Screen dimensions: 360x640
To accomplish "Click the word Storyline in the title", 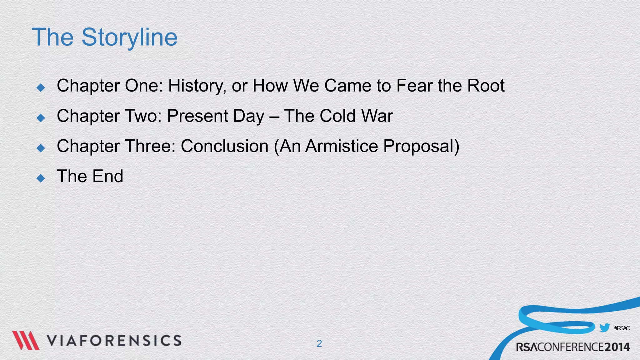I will click(129, 37).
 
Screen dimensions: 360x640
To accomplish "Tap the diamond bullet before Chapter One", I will click(41, 87).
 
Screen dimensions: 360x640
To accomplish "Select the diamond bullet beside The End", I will click(41, 178).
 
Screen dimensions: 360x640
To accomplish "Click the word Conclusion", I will click(224, 146).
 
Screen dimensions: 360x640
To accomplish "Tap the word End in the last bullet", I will click(108, 176).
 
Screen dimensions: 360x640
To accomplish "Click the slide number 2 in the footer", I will click(319, 343).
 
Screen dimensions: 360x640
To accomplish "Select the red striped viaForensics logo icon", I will click(26, 340).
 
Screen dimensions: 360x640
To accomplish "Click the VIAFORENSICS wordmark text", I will click(114, 341).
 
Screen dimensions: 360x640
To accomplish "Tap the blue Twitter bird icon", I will click(604, 328).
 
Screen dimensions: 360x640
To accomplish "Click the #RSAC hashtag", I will click(622, 328).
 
